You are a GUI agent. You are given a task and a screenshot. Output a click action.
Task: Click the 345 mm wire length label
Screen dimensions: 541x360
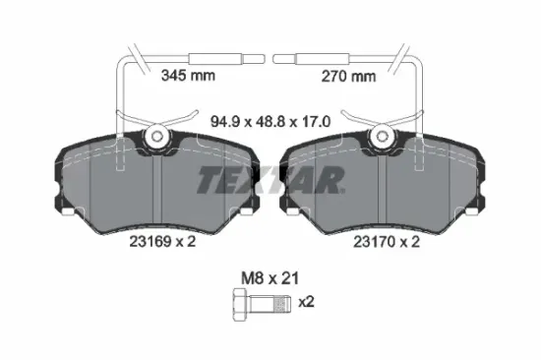188,76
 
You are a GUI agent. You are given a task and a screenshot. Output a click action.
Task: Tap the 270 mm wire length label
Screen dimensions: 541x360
348,77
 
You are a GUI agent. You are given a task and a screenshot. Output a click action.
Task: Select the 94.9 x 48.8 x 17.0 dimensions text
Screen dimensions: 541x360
270,122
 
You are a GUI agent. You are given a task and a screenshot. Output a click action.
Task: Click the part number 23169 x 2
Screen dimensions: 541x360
162,241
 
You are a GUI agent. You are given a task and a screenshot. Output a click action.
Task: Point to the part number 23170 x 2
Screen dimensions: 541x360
387,242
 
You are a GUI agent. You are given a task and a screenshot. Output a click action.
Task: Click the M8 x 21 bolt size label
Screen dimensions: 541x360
270,278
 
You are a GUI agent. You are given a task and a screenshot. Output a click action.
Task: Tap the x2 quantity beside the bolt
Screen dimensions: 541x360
306,302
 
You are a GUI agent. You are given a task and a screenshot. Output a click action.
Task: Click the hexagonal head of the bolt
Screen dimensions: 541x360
241,304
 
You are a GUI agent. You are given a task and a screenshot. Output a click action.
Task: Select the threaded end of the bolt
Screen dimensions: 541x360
281,304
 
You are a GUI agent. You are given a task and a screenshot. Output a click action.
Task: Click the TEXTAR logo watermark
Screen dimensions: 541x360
270,180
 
